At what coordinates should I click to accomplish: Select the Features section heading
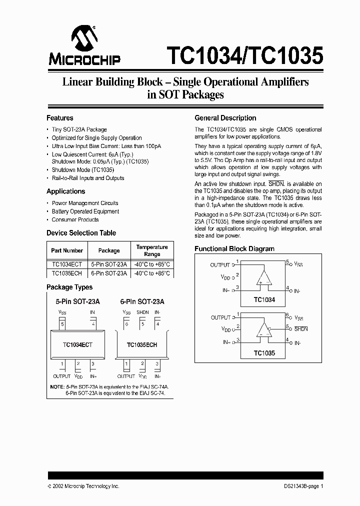click(x=60, y=118)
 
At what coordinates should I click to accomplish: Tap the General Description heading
click(x=225, y=118)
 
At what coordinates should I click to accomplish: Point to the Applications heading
click(x=66, y=191)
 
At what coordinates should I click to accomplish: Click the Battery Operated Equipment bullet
click(x=85, y=211)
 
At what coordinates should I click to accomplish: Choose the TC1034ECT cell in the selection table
click(x=67, y=264)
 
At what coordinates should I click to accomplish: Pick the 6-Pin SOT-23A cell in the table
click(x=109, y=273)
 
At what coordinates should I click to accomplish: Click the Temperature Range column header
click(x=152, y=250)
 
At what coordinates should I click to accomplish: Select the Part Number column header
click(x=67, y=250)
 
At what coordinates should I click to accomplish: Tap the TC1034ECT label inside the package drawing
click(x=77, y=345)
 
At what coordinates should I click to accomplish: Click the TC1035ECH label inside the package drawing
click(x=142, y=345)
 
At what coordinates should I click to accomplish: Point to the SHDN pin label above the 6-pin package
click(x=142, y=312)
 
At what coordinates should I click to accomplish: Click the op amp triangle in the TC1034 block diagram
click(x=263, y=277)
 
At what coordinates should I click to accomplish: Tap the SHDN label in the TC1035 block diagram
click(x=301, y=328)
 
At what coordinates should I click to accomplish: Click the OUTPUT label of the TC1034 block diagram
click(x=220, y=265)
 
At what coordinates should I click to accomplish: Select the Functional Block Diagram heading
click(x=234, y=249)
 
